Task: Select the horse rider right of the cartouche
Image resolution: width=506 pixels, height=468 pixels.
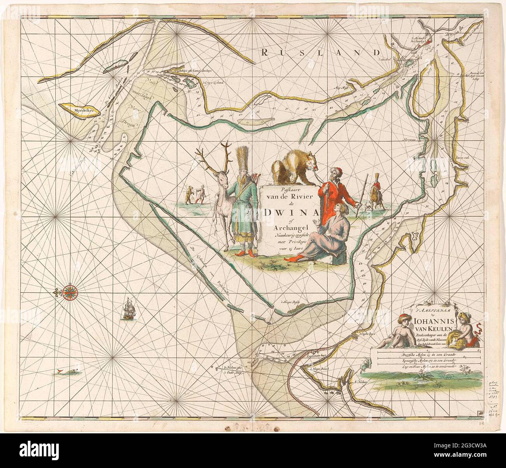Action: point(376,191)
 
